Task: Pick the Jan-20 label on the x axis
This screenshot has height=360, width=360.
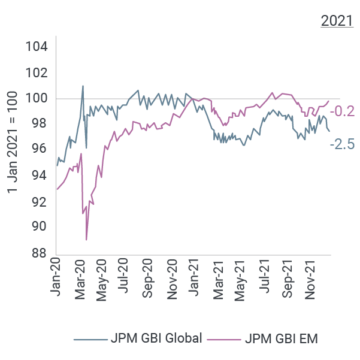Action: click(56, 276)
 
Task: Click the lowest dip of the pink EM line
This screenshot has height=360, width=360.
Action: click(87, 240)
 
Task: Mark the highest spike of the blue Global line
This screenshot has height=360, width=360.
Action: click(83, 86)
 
